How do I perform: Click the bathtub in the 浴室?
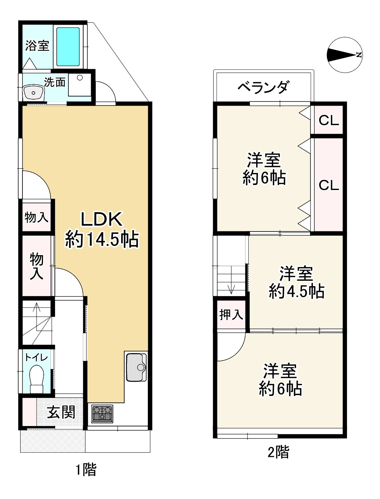coord(68,47)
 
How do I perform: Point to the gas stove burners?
coord(102,413)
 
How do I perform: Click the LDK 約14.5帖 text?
coord(101,230)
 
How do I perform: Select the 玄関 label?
coord(61,412)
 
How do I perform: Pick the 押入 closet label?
coord(231,315)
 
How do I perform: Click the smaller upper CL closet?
coord(328,120)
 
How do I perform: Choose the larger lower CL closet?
coord(328,185)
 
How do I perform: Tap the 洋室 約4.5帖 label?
coord(296,282)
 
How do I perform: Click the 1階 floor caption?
coord(85,470)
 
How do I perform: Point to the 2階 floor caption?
coord(278,452)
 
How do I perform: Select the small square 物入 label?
coord(36,218)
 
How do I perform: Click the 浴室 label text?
coord(37,46)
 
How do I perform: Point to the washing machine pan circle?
coord(80,78)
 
